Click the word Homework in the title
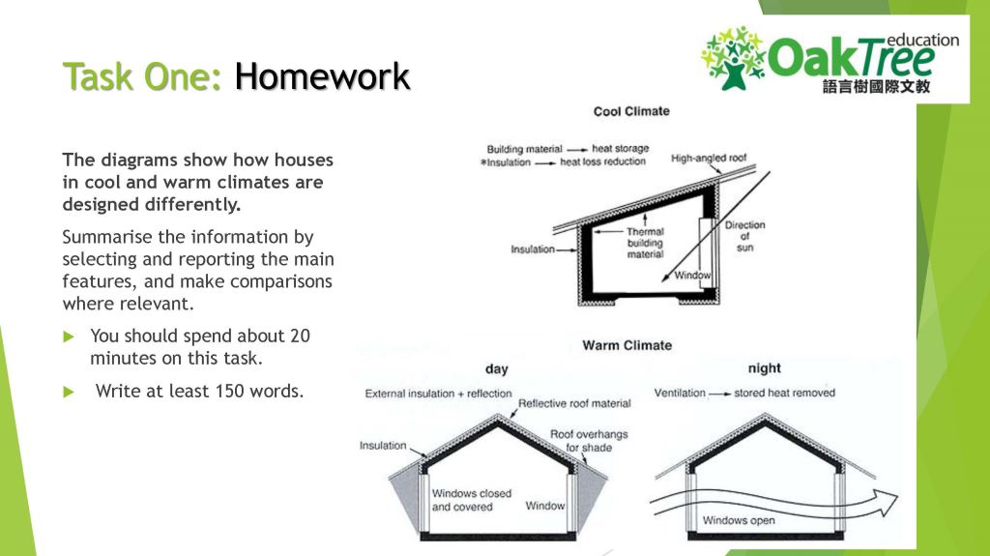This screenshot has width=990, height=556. click(322, 76)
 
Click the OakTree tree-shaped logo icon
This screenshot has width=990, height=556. click(734, 58)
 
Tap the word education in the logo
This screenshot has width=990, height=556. click(922, 41)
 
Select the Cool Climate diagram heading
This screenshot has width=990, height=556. click(631, 111)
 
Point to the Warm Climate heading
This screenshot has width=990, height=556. click(626, 345)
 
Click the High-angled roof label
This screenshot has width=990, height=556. click(709, 158)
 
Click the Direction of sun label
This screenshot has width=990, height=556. click(745, 236)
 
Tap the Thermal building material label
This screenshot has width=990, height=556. click(645, 244)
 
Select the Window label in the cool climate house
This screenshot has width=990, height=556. click(692, 276)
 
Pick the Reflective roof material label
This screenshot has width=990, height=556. click(574, 404)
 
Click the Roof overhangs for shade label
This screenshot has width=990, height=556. click(589, 441)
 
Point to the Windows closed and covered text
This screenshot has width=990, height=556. click(472, 501)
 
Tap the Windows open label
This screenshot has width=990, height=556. click(739, 520)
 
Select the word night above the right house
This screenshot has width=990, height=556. click(764, 368)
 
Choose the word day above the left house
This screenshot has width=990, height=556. click(496, 369)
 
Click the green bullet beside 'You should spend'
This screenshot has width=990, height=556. click(69, 337)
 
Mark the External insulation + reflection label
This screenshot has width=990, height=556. click(438, 394)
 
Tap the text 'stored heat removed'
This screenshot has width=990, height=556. click(784, 393)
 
